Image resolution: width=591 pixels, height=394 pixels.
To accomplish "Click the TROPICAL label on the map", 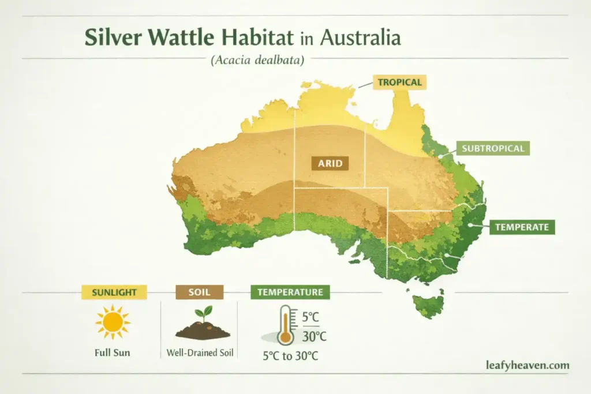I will [x=399, y=82].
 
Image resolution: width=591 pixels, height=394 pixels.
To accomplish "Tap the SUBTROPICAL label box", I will [x=493, y=149].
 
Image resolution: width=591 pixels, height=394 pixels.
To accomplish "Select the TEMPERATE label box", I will [x=521, y=227].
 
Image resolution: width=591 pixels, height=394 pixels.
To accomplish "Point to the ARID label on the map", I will [x=330, y=163].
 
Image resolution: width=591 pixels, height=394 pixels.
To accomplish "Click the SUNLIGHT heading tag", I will [x=114, y=292].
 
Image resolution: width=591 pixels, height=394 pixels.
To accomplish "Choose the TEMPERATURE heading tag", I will [x=290, y=292].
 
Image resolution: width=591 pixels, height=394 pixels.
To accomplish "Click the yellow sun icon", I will [x=113, y=321].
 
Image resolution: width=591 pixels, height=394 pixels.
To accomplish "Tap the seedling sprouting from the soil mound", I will [x=203, y=315].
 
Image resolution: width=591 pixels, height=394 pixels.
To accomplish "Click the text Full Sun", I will [x=112, y=353].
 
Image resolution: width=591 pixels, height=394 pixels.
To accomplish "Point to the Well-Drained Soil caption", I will [x=200, y=352].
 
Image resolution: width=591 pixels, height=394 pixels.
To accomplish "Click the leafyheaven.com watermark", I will [x=528, y=365].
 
